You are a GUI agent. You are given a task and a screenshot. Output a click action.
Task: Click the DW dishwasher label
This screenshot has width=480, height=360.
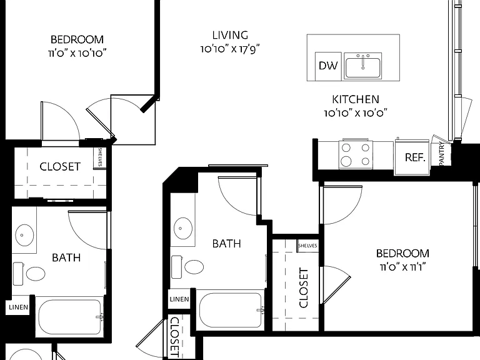[x=328, y=66]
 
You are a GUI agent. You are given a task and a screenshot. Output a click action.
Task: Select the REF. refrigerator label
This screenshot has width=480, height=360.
[x=415, y=157]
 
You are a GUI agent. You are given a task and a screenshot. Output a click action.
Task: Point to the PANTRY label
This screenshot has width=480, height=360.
[x=442, y=154]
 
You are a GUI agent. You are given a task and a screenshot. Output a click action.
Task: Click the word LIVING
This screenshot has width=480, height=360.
[x=230, y=35]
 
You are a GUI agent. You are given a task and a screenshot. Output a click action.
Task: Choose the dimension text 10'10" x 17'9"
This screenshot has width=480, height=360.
[x=230, y=49]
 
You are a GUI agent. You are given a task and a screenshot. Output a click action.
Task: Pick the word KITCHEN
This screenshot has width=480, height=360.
[x=356, y=99]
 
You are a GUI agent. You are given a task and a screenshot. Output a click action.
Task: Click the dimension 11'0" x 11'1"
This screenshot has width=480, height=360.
[x=403, y=267]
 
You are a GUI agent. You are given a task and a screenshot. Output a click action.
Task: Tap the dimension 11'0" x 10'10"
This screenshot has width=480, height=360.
[x=77, y=53]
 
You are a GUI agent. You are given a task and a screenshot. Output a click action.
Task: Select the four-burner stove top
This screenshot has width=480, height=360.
[x=356, y=154]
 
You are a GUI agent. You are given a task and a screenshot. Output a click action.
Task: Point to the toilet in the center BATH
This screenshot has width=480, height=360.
[x=187, y=267]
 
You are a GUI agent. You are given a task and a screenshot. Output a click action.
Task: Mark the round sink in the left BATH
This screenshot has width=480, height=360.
[x=24, y=235]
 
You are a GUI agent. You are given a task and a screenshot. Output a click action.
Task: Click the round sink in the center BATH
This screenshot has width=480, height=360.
[x=183, y=228]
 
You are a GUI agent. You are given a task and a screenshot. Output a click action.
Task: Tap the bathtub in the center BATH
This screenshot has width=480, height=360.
[x=230, y=310]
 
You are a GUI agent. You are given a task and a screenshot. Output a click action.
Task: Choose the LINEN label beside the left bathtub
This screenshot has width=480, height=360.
[x=18, y=307]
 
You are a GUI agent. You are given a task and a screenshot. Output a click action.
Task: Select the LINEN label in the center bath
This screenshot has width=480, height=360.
[x=179, y=299]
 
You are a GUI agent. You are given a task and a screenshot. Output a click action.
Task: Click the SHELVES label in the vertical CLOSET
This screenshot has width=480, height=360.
[x=307, y=246]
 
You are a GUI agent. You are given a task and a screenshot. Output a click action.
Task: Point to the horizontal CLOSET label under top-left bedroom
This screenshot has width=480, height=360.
[x=60, y=166]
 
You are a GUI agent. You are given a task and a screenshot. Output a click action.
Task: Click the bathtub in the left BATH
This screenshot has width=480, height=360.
[x=70, y=316]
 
